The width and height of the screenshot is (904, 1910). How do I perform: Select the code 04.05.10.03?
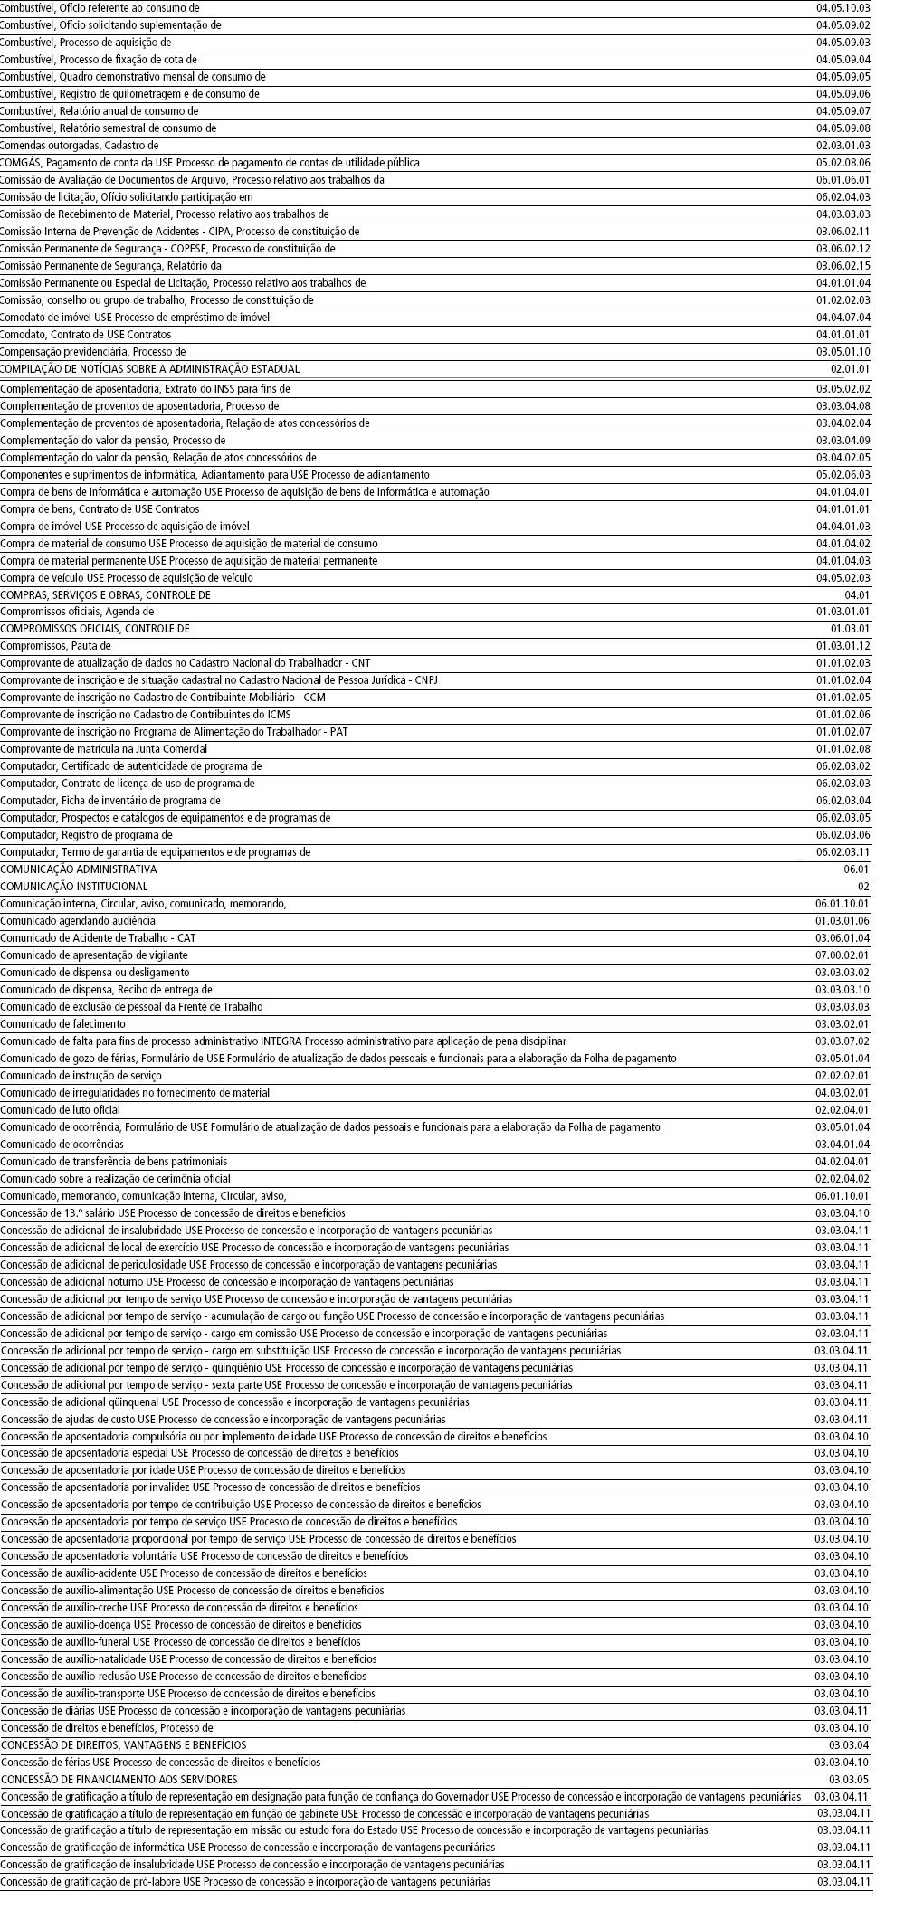point(842,8)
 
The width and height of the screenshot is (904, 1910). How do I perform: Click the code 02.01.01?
point(850,369)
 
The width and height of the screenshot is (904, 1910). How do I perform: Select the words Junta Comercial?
point(171,749)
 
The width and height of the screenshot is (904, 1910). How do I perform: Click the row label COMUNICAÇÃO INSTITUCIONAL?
point(74,887)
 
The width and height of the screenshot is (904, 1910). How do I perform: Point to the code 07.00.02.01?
point(842,955)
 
